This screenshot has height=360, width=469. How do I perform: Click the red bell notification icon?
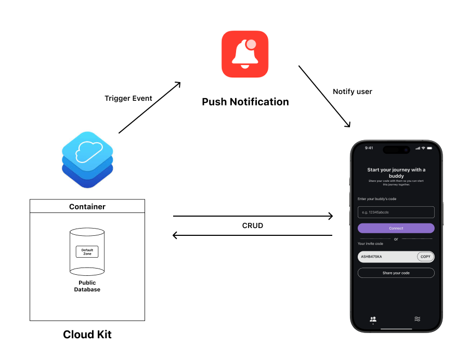tap(245, 54)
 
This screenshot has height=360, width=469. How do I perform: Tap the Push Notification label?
tap(245, 102)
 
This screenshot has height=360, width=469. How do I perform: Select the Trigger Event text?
tap(128, 98)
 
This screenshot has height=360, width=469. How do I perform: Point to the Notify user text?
tap(353, 91)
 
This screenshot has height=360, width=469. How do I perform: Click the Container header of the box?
tap(87, 207)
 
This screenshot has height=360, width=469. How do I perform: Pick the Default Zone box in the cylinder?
tap(87, 252)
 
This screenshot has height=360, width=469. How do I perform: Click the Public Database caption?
tap(87, 286)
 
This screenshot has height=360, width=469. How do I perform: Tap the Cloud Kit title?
tap(87, 335)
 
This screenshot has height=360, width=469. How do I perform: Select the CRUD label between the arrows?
tap(252, 226)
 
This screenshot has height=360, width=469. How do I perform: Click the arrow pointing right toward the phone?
tap(252, 216)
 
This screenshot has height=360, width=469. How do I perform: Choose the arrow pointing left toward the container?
tap(252, 236)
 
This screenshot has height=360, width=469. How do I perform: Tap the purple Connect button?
tap(396, 228)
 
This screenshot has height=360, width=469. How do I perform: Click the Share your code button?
tap(396, 273)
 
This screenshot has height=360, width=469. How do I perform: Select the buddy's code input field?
tap(396, 212)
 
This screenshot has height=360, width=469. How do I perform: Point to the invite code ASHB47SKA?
tap(372, 257)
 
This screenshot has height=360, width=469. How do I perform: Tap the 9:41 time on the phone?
tap(369, 148)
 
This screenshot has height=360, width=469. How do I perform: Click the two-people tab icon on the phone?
tap(373, 319)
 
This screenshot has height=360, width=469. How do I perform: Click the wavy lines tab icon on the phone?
tap(417, 319)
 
